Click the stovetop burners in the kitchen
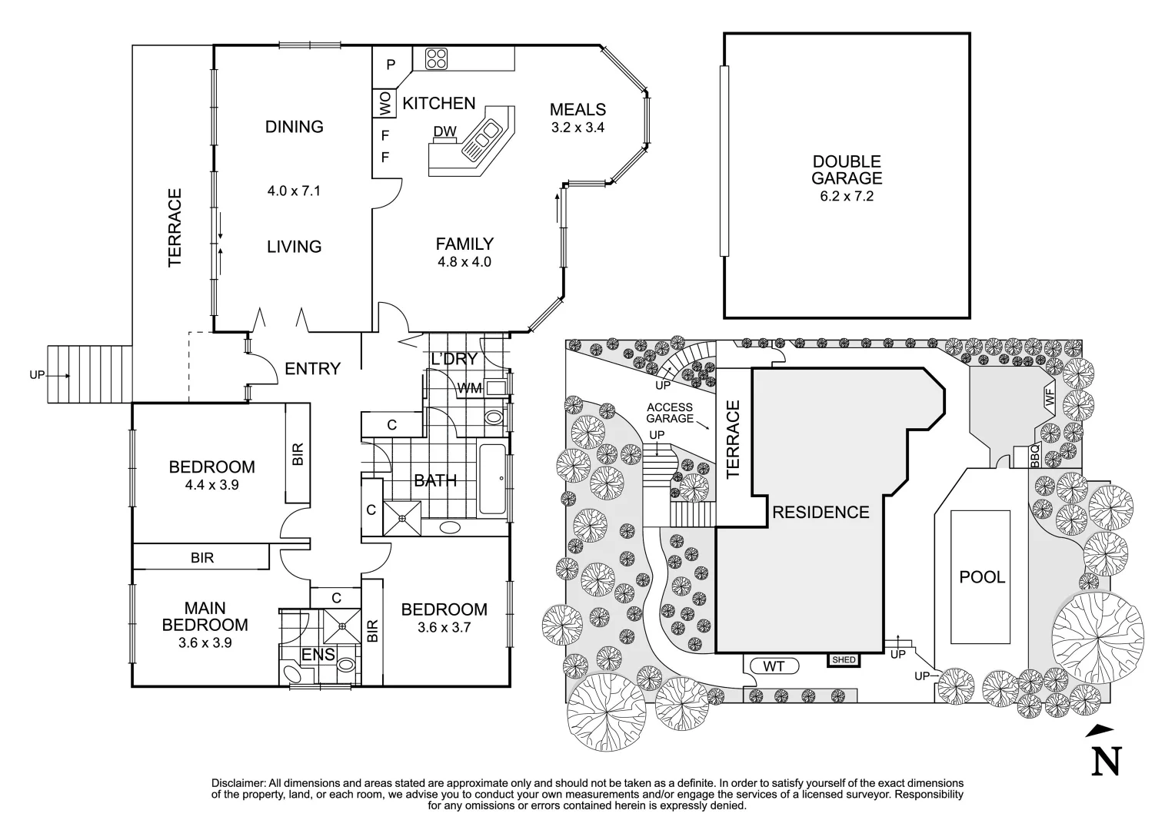(x=437, y=59)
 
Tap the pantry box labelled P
(x=391, y=65)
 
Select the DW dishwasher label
(x=444, y=132)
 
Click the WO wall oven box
(x=384, y=103)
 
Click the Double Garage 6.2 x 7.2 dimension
(x=847, y=196)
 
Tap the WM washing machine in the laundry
(x=470, y=388)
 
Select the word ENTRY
(x=312, y=369)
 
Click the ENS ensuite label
(x=318, y=655)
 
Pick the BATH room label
(x=435, y=481)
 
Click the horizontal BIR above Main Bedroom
(x=202, y=558)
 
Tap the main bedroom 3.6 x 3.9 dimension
(x=205, y=642)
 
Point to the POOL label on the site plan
(x=982, y=576)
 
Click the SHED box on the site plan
(x=843, y=659)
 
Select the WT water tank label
(x=773, y=666)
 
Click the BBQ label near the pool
(x=1034, y=458)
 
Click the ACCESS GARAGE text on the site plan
(x=669, y=413)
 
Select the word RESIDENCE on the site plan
(x=821, y=513)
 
